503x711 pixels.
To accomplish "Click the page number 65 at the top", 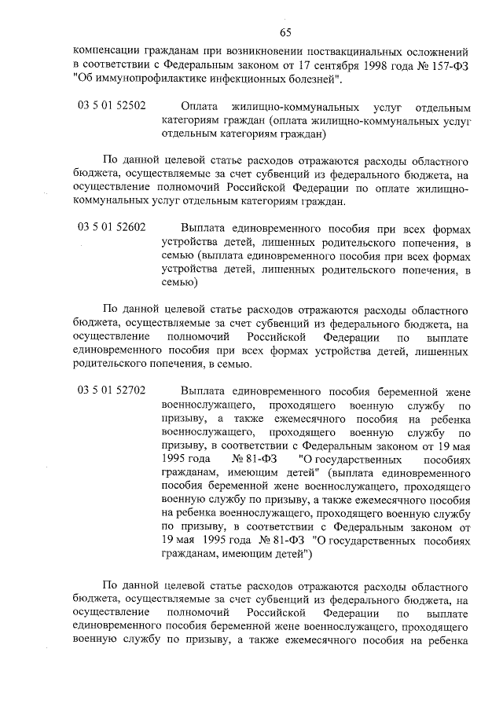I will coord(285,31).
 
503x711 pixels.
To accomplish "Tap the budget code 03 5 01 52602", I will coord(112,227).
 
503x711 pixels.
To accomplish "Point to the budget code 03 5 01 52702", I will coord(112,390).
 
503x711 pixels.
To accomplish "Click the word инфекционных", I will coord(248,80).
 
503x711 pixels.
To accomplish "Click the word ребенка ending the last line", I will coord(449,638).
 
